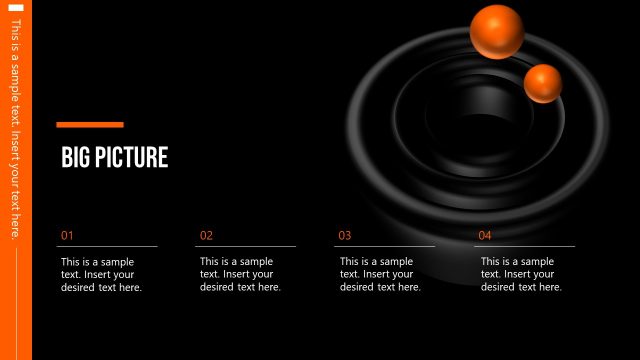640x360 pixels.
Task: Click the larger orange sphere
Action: pyautogui.click(x=497, y=31)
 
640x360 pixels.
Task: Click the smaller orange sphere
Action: pyautogui.click(x=543, y=83)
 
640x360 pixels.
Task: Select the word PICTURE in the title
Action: pyautogui.click(x=132, y=158)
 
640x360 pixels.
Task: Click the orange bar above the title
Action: pyautogui.click(x=90, y=125)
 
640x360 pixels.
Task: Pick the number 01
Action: pyautogui.click(x=68, y=236)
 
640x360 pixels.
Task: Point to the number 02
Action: pyautogui.click(x=207, y=236)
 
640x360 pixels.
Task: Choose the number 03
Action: pyautogui.click(x=345, y=236)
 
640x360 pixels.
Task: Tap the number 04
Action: pyautogui.click(x=485, y=236)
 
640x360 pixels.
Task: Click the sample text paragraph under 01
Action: pyautogui.click(x=102, y=274)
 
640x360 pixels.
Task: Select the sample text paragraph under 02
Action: pyautogui.click(x=241, y=274)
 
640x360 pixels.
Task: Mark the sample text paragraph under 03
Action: pyautogui.click(x=381, y=274)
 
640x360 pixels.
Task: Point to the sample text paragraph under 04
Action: pyautogui.click(x=521, y=274)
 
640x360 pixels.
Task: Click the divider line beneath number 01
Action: pyautogui.click(x=107, y=246)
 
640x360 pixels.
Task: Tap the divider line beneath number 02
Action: pyautogui.click(x=246, y=246)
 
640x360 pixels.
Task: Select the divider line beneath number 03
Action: pyautogui.click(x=385, y=246)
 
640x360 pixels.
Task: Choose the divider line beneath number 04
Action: pyautogui.click(x=525, y=246)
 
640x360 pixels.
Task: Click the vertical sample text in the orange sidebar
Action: pyautogui.click(x=15, y=130)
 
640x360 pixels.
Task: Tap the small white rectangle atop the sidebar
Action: pyautogui.click(x=16, y=8)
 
